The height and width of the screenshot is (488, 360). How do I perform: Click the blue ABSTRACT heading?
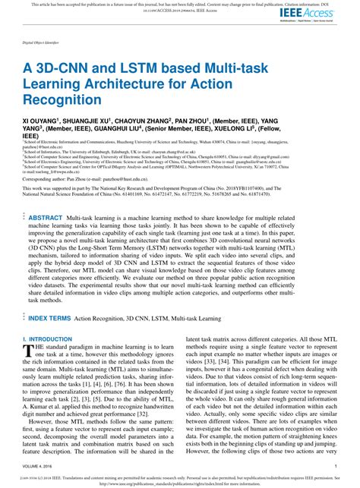[46, 217]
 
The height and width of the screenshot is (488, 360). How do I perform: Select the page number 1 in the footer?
[336, 466]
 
